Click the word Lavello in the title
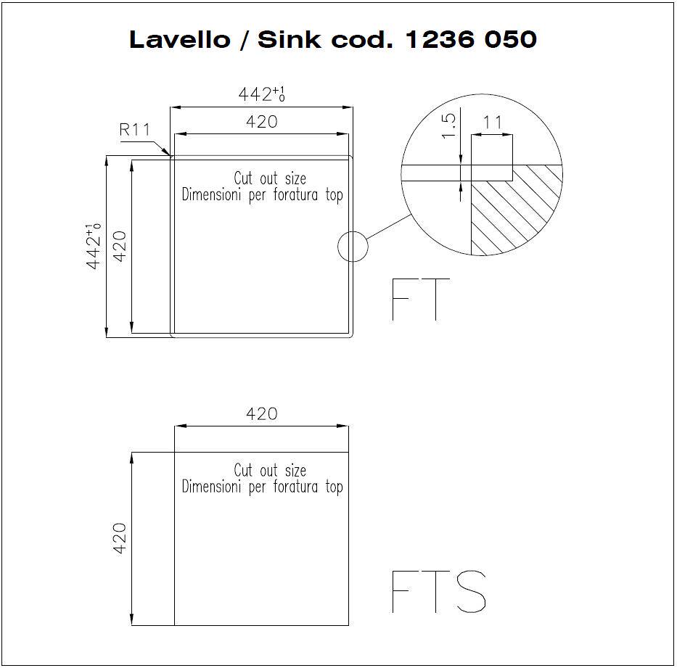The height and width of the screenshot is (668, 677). pos(180,39)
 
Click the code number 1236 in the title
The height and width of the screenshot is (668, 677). pos(440,39)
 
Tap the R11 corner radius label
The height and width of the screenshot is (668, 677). pos(135,129)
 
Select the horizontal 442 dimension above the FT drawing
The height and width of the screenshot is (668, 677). pos(262,94)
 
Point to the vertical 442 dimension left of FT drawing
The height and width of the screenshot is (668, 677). pos(94,247)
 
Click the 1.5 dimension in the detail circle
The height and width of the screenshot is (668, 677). pos(448,125)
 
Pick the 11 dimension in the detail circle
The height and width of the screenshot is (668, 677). pos(492,123)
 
